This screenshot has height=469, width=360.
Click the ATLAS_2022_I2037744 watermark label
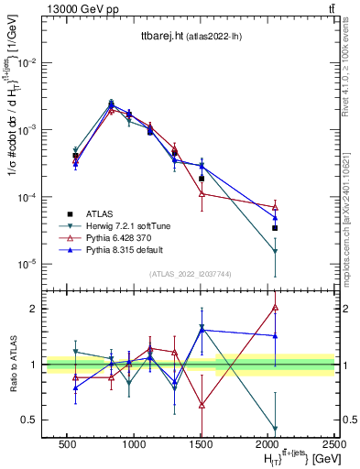tap(159, 273)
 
